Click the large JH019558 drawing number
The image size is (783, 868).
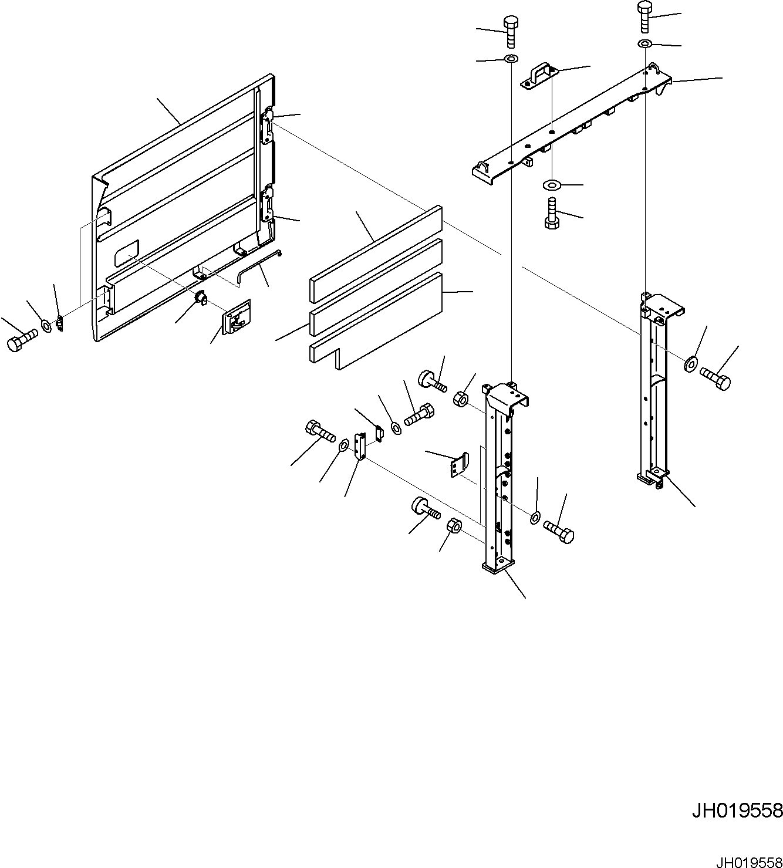(737, 810)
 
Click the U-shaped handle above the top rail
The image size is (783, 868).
(539, 77)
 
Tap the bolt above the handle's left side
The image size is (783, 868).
(510, 32)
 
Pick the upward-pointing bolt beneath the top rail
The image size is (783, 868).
(551, 214)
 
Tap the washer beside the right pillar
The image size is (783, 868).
(690, 363)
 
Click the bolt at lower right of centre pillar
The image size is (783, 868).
(559, 529)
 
